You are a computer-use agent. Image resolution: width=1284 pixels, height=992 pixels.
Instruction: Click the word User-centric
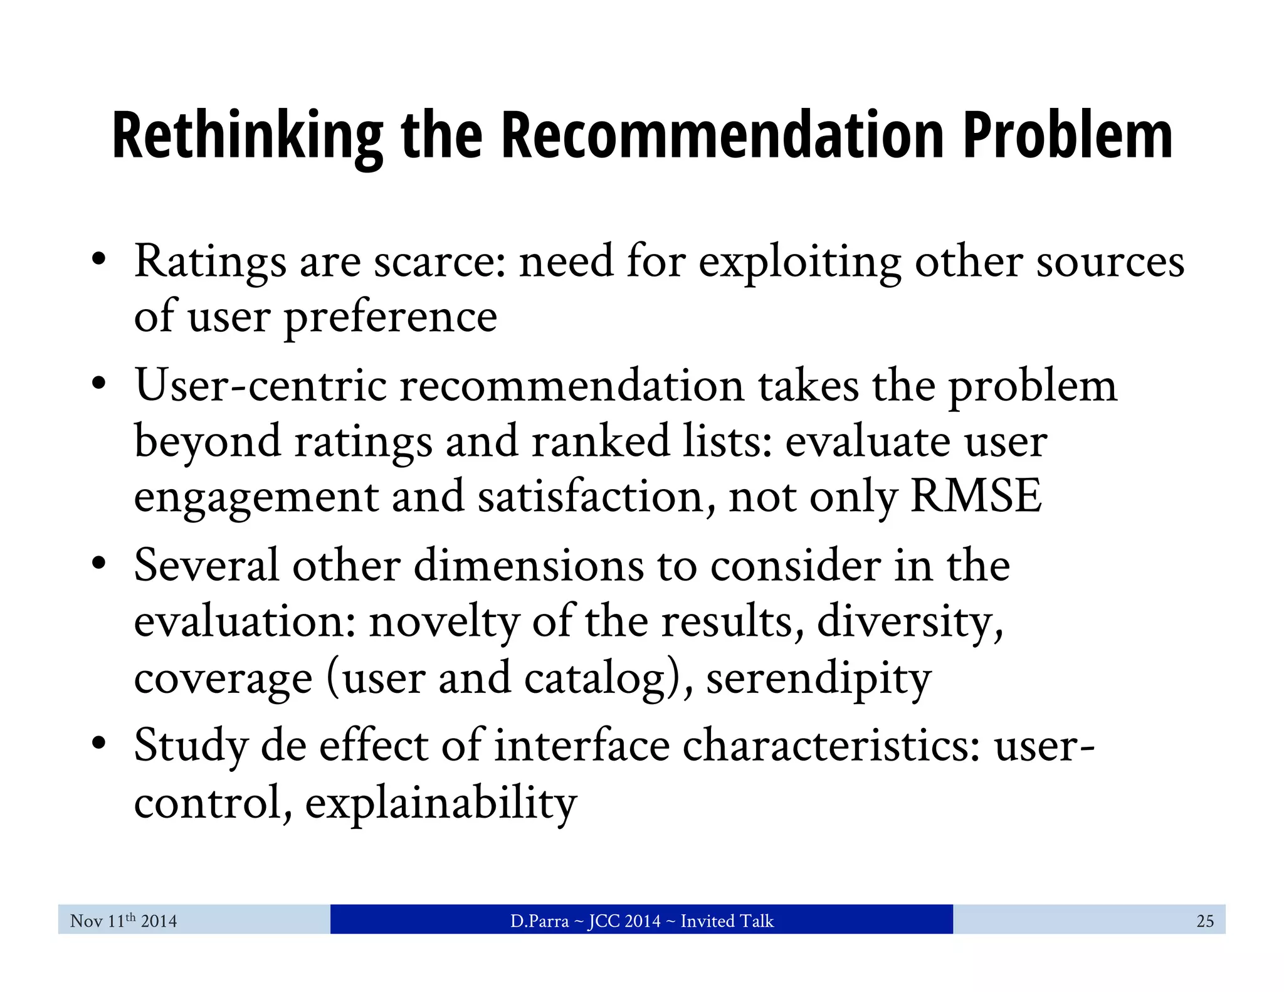(260, 386)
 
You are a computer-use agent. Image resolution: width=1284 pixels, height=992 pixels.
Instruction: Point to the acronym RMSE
(976, 497)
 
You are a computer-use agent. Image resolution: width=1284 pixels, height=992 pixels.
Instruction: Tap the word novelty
(444, 622)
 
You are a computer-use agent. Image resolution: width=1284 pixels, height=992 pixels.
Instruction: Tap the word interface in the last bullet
(582, 746)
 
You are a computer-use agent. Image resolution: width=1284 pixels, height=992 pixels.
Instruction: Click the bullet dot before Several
(98, 563)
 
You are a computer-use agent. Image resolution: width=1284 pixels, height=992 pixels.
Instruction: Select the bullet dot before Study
(98, 743)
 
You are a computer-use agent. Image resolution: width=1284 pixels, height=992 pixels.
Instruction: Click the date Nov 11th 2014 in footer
(124, 921)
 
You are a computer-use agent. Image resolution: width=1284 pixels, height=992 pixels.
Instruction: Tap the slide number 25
(1204, 921)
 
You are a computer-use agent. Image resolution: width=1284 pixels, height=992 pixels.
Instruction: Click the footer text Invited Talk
(727, 921)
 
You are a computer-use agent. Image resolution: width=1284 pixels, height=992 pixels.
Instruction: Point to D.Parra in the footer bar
(539, 921)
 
